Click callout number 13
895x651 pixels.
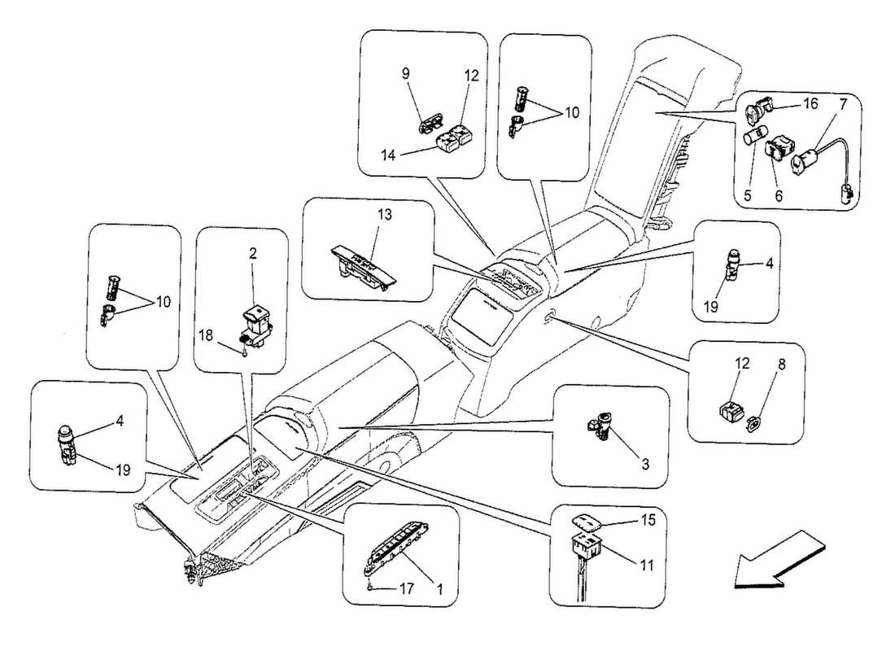pos(384,215)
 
